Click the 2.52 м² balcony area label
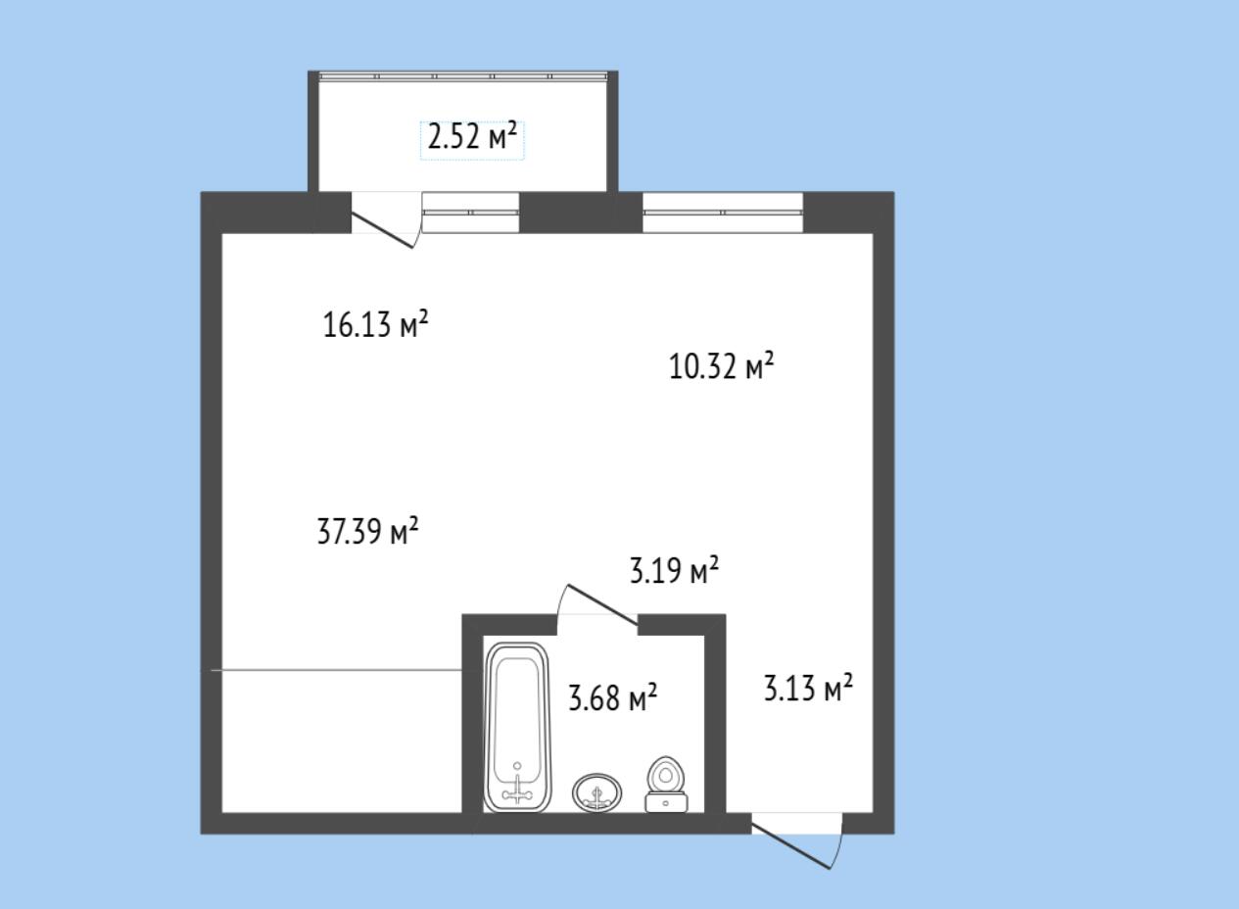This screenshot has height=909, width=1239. [x=472, y=137]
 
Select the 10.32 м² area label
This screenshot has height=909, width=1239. [x=721, y=365]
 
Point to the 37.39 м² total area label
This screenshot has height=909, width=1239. [x=368, y=531]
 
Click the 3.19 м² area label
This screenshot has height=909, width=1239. [x=674, y=570]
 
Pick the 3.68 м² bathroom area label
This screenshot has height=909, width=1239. [x=613, y=697]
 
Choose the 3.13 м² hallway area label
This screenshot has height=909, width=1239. [x=808, y=688]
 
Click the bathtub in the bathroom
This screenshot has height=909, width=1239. [x=517, y=727]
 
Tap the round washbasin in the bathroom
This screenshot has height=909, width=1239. [x=596, y=792]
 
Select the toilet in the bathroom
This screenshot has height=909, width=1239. [x=666, y=785]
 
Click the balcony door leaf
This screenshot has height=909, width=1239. [x=383, y=232]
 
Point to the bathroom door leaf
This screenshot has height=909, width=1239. [x=603, y=605]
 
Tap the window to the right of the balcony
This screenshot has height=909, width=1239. [x=723, y=213]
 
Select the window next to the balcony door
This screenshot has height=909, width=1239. [x=471, y=213]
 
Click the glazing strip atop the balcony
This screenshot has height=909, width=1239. [x=463, y=76]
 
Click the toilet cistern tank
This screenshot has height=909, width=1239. [x=666, y=803]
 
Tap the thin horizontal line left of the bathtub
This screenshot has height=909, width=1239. [x=337, y=670]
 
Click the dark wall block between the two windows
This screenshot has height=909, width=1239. [x=581, y=213]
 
